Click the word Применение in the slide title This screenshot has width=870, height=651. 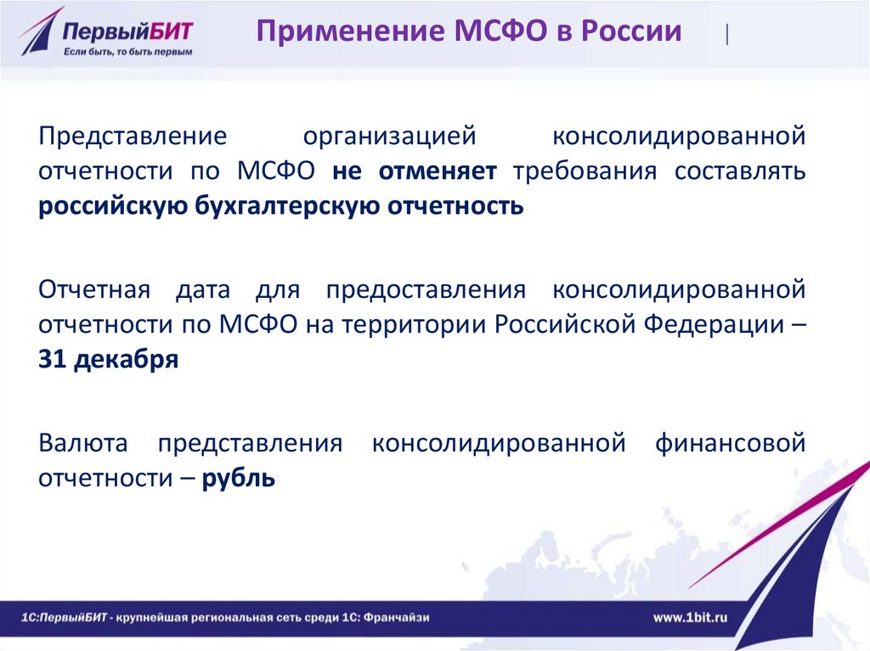tap(350, 31)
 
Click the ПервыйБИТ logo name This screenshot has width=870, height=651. tap(127, 31)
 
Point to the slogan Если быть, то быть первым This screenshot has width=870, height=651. tap(127, 52)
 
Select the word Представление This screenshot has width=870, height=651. tap(133, 137)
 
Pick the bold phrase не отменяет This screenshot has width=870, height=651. tap(415, 171)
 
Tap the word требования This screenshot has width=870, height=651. tap(585, 171)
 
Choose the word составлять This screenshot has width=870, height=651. tap(740, 171)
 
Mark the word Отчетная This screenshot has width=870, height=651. tap(94, 290)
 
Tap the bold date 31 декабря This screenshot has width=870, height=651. tap(108, 360)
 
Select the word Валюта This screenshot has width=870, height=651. tap(83, 444)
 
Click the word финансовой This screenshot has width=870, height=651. tap(730, 444)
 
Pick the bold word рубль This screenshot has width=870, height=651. tap(238, 478)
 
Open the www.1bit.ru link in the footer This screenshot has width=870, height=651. tap(690, 617)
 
